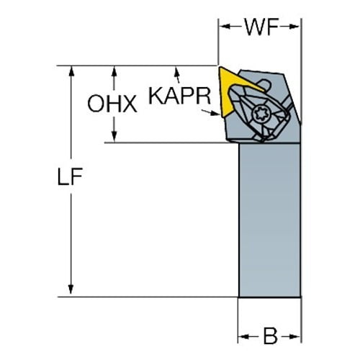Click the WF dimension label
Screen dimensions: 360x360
click(x=261, y=27)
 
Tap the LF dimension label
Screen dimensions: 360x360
click(x=71, y=176)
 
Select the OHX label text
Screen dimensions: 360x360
click(x=112, y=104)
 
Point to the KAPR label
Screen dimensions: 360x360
click(x=179, y=96)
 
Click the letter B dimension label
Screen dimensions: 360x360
click(x=270, y=336)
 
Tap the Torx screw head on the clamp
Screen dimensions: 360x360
click(x=261, y=114)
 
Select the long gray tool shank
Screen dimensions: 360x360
click(x=270, y=220)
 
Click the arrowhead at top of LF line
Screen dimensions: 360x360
click(x=71, y=71)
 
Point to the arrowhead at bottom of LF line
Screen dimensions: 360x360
click(x=71, y=289)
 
